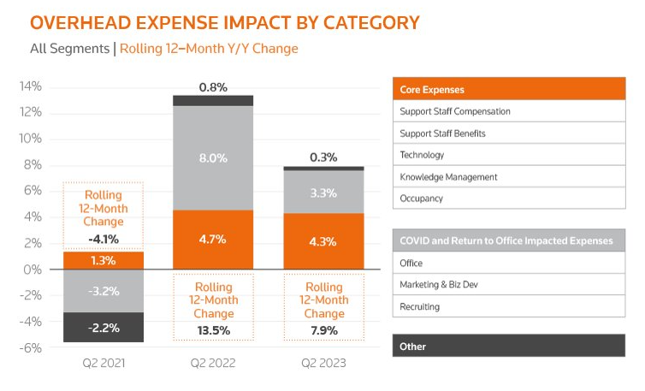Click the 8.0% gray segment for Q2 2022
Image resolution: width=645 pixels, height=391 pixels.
[x=212, y=157]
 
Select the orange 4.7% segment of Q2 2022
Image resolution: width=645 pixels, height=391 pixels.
[x=212, y=240]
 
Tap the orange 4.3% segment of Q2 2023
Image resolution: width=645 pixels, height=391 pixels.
[x=322, y=241]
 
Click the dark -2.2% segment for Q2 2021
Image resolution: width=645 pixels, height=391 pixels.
[x=103, y=328]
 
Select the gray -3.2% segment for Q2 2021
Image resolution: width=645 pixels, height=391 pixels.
[x=103, y=291]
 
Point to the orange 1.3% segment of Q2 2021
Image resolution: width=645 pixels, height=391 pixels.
[x=103, y=260]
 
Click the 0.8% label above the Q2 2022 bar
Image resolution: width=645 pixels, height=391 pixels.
[x=212, y=87]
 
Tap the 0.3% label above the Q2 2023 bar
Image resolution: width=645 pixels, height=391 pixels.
[x=322, y=157]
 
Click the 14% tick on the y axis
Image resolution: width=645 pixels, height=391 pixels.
[x=31, y=86]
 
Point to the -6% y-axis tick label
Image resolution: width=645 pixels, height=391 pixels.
[x=31, y=347]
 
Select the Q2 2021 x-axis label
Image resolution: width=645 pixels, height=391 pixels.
[x=103, y=364]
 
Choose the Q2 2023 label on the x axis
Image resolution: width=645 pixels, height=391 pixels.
[x=322, y=364]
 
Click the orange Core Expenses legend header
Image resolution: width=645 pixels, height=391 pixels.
[x=507, y=90]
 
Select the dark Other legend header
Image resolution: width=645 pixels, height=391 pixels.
[x=507, y=347]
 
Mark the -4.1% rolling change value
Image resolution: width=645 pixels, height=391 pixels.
[x=103, y=239]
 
